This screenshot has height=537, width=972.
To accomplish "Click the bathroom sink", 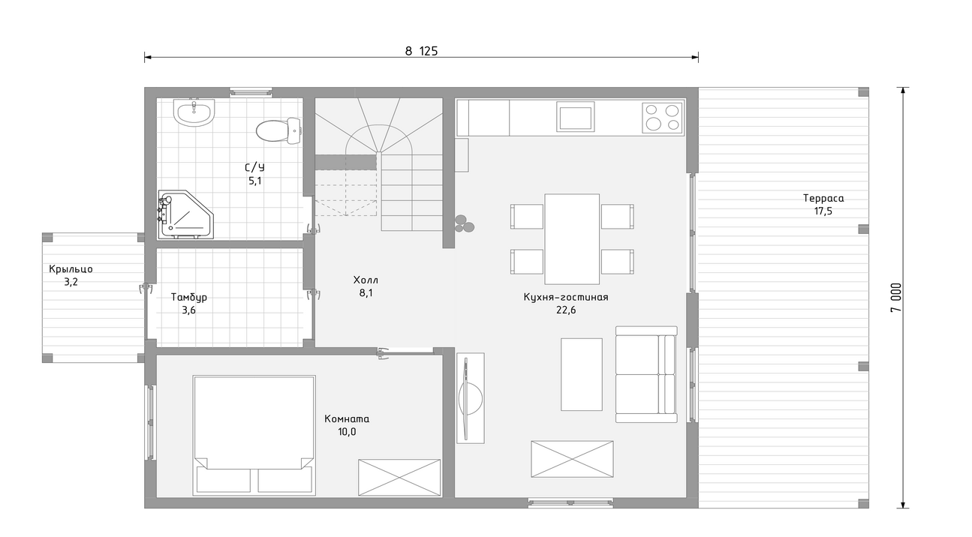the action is [194, 112].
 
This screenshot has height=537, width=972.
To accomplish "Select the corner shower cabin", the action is [185, 214].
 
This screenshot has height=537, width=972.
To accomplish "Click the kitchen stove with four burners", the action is [662, 118].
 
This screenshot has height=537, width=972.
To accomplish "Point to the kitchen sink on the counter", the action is [576, 117].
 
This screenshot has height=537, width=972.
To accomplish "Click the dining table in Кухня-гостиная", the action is [572, 239].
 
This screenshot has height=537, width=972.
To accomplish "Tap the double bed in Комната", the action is [254, 436].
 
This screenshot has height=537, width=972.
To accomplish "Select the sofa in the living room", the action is [646, 374].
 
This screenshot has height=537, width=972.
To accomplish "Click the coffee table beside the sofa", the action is [582, 374].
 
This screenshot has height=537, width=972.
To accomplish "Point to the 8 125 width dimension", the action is [421, 51].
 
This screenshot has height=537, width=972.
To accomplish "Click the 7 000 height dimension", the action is [896, 298].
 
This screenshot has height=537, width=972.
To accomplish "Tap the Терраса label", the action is [823, 198].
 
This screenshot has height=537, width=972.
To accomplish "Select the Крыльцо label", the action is [71, 269].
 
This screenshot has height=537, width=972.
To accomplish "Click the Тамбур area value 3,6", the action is [188, 310].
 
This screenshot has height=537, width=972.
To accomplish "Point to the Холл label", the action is [366, 280].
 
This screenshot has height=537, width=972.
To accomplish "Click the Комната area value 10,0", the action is [347, 431].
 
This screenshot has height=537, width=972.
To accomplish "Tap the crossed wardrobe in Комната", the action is [399, 477].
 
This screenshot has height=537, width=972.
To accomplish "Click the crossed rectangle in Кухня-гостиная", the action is [572, 459].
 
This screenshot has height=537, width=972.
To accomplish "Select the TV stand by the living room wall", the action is [471, 397].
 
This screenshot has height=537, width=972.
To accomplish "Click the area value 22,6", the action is [566, 310].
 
